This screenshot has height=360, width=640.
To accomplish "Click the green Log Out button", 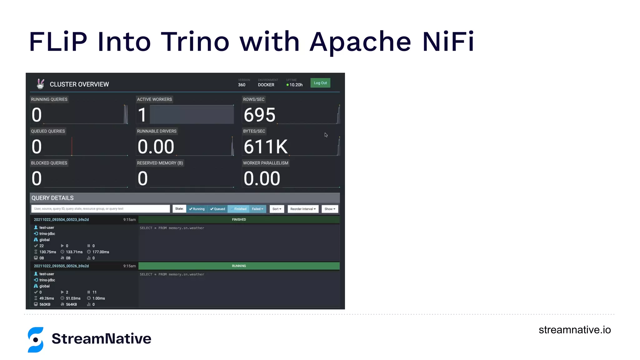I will [320, 83].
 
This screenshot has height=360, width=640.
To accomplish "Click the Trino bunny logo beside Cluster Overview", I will [40, 84].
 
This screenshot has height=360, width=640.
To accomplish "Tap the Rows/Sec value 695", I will [259, 115].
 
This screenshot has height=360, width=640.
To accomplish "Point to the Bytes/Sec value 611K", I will [265, 147].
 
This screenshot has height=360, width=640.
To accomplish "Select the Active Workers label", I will [154, 99].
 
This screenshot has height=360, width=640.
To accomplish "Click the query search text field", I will [100, 209].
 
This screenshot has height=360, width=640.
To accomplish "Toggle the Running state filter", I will [197, 209].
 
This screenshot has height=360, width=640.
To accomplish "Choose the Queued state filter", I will [217, 209].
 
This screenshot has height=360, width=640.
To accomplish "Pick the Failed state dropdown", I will [257, 209].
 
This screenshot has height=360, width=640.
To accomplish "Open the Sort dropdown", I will [277, 209].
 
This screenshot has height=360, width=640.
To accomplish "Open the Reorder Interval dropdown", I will [303, 209].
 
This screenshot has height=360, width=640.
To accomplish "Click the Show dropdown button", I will [330, 209].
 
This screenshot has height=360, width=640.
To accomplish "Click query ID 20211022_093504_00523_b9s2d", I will [61, 220].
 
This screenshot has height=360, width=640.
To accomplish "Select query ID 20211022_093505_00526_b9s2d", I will [61, 266].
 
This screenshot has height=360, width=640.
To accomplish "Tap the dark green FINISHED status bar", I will [239, 220].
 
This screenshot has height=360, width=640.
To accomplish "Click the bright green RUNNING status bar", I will [239, 266].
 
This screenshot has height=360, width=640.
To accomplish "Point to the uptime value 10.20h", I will [296, 85].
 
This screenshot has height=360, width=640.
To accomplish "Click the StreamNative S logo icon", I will [36, 340].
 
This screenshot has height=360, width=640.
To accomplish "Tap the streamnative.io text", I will [574, 330].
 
